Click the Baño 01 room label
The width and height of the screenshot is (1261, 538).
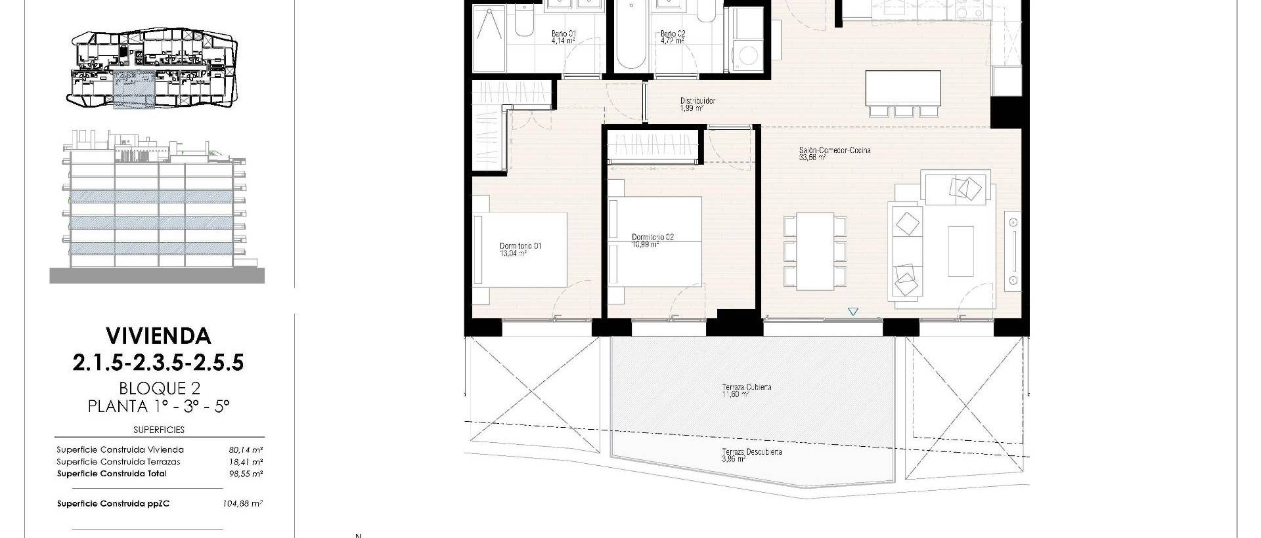click(x=564, y=33)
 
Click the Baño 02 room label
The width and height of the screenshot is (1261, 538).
click(x=673, y=33)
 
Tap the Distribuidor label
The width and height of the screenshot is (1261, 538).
click(x=697, y=101)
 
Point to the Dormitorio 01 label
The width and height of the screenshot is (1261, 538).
click(x=520, y=246)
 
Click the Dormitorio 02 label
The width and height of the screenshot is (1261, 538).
click(x=652, y=237)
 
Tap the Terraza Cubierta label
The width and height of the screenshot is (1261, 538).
click(x=746, y=387)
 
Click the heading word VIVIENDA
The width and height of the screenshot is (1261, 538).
click(x=158, y=336)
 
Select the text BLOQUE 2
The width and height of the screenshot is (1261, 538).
click(x=158, y=388)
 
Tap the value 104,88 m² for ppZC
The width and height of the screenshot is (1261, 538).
click(x=243, y=504)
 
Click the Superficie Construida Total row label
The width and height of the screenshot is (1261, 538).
click(x=112, y=474)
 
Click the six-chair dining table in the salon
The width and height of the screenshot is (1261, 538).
click(x=815, y=251)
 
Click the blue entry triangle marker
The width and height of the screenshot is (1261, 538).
click(x=852, y=312)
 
